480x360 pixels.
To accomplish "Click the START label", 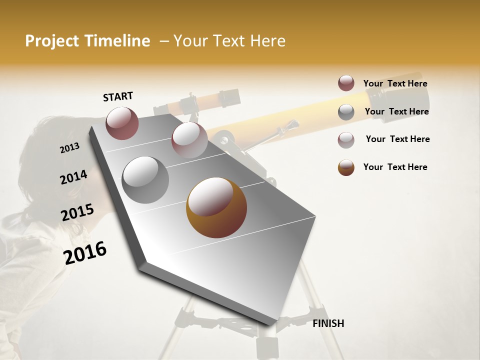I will coord(118,96).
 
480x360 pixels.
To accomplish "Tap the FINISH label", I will coord(328,323).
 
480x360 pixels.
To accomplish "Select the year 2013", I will coord(69,148).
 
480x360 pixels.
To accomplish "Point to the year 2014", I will coord(73,177).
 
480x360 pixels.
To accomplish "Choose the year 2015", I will coord(77,212).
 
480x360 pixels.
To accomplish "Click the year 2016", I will coord(84,252).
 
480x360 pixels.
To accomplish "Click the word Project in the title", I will coord(50,41).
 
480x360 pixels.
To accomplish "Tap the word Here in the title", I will coord(264,41).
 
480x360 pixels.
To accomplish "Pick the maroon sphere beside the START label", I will coord(122,123).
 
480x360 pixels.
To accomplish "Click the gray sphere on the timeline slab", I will coord(145,180).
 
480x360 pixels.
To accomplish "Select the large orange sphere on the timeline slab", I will coord(216,207).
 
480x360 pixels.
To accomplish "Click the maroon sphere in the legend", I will coord(346,83).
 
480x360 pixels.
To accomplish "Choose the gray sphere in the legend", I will coord(346,112).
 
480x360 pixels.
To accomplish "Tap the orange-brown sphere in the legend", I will coord(346,167).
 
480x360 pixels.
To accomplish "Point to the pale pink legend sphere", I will coord(346,140).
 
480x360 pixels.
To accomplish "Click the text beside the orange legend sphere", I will coord(395,167).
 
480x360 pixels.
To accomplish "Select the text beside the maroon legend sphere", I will coord(395,83).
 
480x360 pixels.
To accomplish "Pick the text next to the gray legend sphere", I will coord(396,111).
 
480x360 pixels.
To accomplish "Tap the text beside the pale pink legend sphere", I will coord(397,139).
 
